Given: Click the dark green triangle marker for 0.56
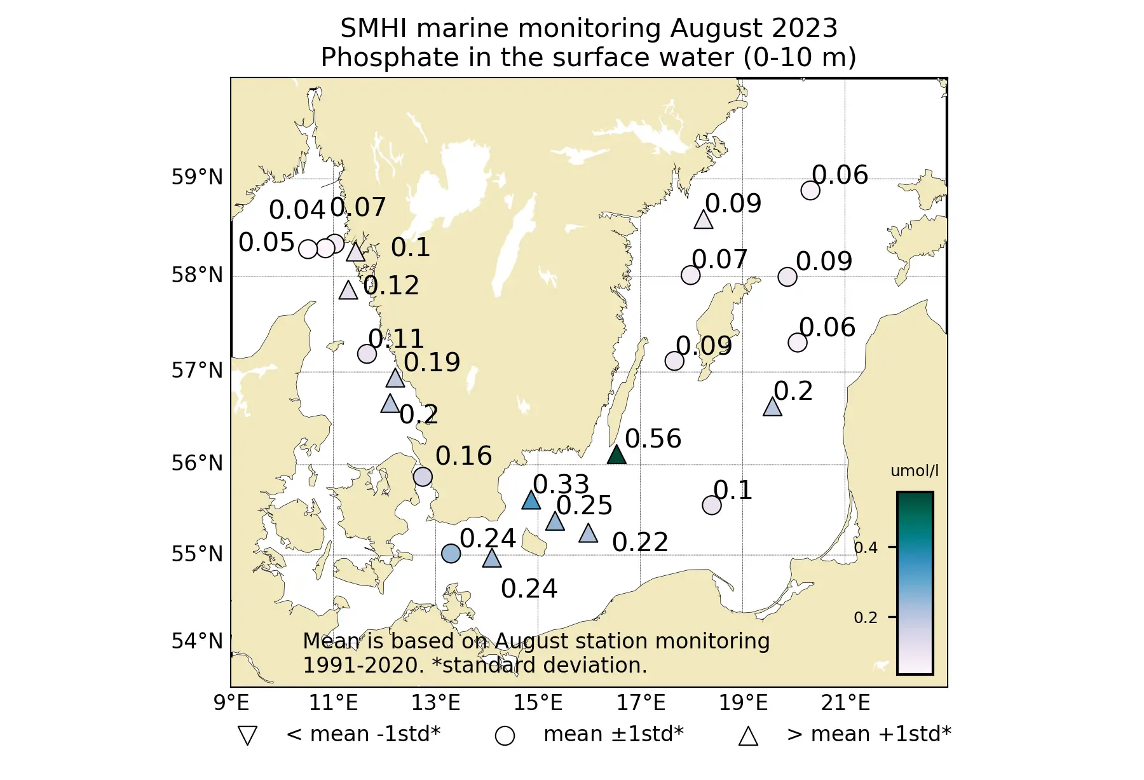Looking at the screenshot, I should pos(616,455).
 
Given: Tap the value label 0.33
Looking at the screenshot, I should pos(561,484).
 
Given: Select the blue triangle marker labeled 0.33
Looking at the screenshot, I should pos(531,501).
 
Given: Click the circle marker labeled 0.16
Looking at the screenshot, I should pos(423,476).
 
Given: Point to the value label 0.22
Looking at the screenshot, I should pos(640,542).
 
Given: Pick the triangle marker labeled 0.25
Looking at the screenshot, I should pos(555,522).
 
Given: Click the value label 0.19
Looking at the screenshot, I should pos(432,362).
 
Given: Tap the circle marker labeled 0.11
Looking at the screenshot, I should pos(367,353).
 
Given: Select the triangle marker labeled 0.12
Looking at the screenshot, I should pos(348,291).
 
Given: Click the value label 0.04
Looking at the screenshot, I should pos(297,210).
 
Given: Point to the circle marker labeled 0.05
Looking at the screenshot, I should pos(308,249).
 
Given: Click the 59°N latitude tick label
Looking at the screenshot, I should pos(197,177).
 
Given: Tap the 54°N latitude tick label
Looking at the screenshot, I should pos(197,641).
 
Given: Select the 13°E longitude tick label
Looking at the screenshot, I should pos(435,703).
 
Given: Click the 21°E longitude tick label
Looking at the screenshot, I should pos(845,703).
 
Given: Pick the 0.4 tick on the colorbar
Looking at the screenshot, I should pos(866,547).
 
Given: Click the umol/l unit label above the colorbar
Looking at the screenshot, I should pos(914,471).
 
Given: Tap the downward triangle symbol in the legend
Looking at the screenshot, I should pos(247,735).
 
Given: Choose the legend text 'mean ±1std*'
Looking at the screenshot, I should pos(613,734).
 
